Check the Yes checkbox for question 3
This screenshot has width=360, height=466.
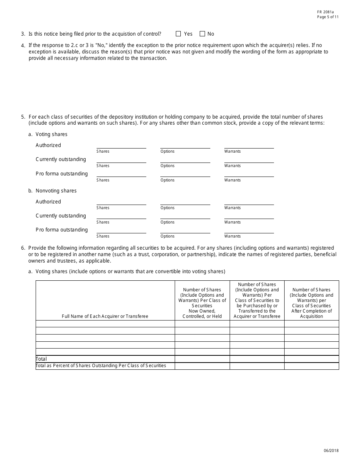pos(178,34)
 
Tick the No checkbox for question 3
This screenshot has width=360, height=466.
pos(202,34)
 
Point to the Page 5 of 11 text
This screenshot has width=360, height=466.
pos(328,17)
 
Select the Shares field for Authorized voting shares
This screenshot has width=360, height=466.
pos(121,145)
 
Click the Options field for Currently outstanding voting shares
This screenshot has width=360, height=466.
pos(185,160)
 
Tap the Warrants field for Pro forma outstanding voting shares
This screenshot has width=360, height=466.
pos(249,174)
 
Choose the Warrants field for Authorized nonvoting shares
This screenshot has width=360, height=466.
pos(249,202)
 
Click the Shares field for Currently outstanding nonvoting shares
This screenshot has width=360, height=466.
pos(121,216)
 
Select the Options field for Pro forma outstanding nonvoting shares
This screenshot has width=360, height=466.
pos(185,230)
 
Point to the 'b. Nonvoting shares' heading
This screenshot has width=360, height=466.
pos(52,191)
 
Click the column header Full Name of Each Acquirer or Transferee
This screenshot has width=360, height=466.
pos(105,316)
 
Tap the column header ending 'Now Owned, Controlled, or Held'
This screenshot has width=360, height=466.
pos(202,303)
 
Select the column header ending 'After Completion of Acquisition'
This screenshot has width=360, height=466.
pos(311,303)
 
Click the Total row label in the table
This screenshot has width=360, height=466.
pos(41,359)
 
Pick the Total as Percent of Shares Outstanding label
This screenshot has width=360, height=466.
pos(101,366)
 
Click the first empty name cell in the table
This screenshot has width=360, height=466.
pos(105,324)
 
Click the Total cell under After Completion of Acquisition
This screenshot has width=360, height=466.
pos(311,359)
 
